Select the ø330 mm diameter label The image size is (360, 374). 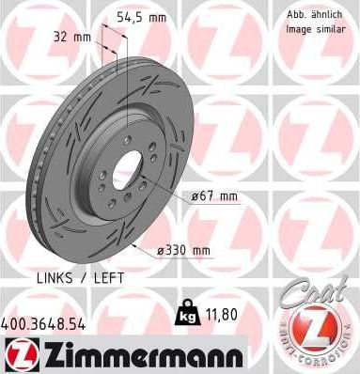[183, 251]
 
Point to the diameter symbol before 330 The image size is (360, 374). [161, 251]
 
